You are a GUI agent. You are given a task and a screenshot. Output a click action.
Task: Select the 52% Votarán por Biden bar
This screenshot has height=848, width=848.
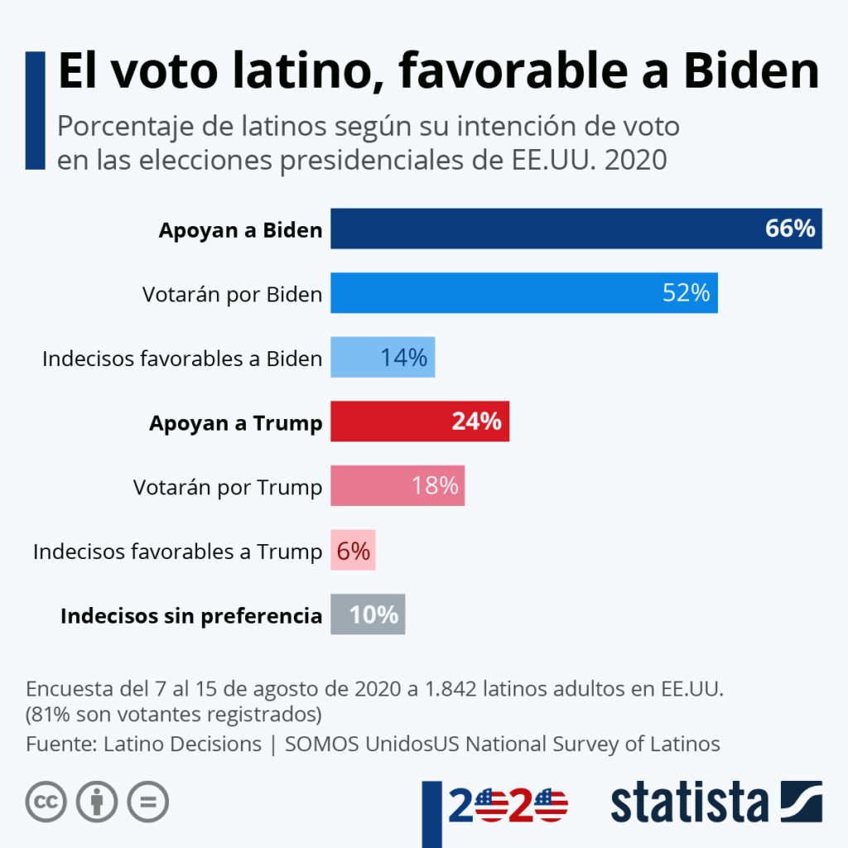tap(497, 293)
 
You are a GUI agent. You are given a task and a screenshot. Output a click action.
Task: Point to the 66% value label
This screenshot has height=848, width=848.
tap(790, 229)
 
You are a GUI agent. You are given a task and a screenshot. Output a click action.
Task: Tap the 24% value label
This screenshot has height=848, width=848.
tap(476, 422)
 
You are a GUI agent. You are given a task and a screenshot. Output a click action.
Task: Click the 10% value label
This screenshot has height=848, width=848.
tap(373, 614)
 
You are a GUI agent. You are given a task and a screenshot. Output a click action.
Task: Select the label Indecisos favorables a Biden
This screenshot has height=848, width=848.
tap(182, 359)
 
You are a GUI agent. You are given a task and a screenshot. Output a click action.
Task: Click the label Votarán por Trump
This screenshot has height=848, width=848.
tap(228, 487)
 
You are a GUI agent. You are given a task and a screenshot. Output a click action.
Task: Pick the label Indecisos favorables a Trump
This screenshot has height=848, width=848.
tap(177, 552)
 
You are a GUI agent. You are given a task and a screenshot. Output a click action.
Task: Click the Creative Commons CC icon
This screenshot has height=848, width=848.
tap(46, 802)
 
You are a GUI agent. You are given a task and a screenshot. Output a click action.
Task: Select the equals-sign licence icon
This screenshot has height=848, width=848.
tap(147, 802)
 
